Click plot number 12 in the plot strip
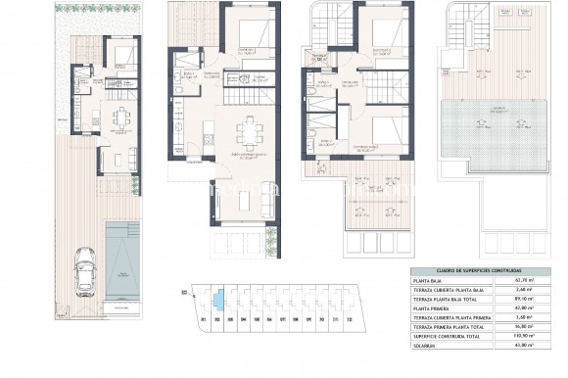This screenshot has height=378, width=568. click(350, 318)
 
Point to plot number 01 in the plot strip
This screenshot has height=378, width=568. click(202, 318)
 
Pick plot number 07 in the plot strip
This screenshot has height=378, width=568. click(282, 318)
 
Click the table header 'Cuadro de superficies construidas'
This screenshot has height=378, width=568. click(480, 271)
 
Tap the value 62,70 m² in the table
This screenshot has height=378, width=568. click(536, 281)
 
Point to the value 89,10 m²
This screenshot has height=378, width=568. click(536, 299)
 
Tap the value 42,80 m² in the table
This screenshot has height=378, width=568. click(536, 307)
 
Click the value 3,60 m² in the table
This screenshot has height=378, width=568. click(536, 316)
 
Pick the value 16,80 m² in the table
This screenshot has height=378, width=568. click(536, 325)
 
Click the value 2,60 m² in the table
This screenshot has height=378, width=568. click(536, 290)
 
